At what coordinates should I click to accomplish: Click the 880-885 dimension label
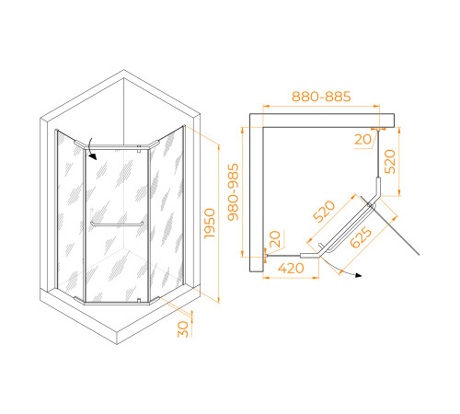(x=321, y=97)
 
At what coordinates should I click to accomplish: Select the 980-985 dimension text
(x=234, y=192)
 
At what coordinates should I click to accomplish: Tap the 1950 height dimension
(x=210, y=224)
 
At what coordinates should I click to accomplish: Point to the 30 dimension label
(x=183, y=329)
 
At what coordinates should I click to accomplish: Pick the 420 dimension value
(x=291, y=269)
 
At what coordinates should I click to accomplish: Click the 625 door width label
(x=361, y=237)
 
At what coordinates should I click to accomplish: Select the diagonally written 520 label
(x=324, y=211)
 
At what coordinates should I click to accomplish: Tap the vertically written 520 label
(x=390, y=162)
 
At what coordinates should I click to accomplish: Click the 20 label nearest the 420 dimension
(x=275, y=239)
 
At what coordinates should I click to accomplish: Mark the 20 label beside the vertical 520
(x=363, y=140)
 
